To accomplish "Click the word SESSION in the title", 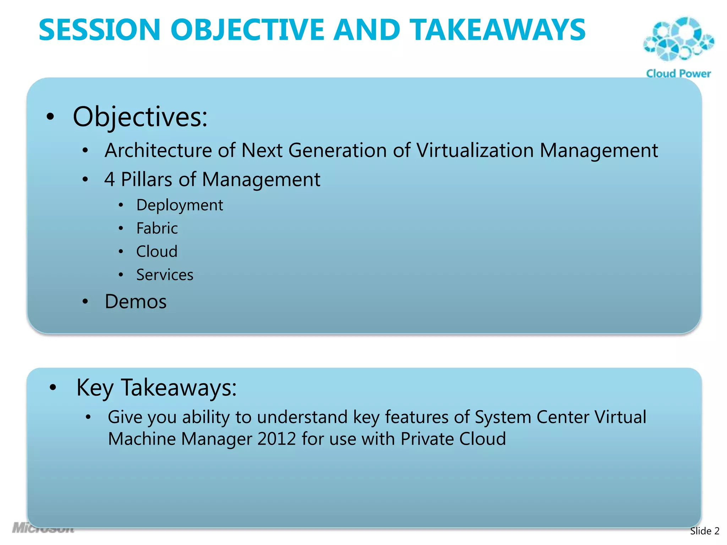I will (x=99, y=30).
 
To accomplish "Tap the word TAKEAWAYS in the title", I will (x=497, y=30).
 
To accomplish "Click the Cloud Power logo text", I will (x=678, y=73).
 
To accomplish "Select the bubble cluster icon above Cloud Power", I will (x=678, y=39).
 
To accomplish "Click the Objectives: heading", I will (x=140, y=117).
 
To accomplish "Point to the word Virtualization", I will (x=475, y=150).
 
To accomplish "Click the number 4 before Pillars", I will (x=109, y=180).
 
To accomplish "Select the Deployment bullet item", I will (x=180, y=205).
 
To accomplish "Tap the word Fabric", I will (x=157, y=229).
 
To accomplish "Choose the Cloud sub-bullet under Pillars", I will (x=157, y=252).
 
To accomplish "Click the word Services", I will (x=165, y=275).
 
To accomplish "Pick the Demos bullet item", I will (x=136, y=302).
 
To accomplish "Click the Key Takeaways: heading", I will (x=156, y=387).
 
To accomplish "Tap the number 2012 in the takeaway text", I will (x=277, y=439).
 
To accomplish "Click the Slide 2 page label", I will (x=704, y=531).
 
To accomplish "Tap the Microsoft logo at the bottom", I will (x=43, y=528).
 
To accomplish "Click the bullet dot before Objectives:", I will (x=50, y=117).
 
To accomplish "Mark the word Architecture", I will (x=158, y=150).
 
